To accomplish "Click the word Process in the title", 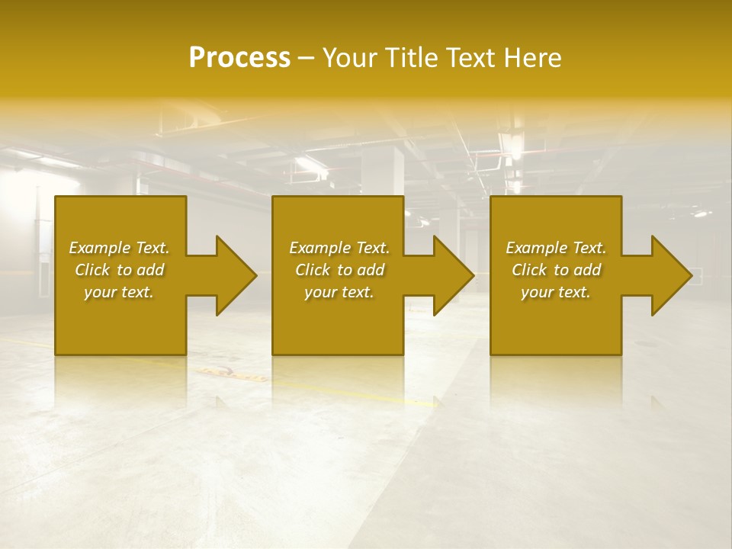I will (x=239, y=57).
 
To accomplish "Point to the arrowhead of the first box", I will (x=236, y=275).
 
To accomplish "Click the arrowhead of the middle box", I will (x=453, y=275).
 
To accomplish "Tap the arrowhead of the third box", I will (x=671, y=275).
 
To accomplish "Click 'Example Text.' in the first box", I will (x=119, y=248).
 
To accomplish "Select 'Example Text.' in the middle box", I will (x=339, y=248).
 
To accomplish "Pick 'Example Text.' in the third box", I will (x=556, y=248).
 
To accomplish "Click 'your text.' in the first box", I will (x=119, y=292).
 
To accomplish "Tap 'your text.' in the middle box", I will (x=339, y=292).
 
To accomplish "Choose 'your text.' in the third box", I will (x=556, y=292).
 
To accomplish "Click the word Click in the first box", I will (x=92, y=270).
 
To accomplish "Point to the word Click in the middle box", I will (x=313, y=270).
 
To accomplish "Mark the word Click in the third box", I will (x=529, y=270).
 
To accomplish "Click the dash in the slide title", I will (x=307, y=58).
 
